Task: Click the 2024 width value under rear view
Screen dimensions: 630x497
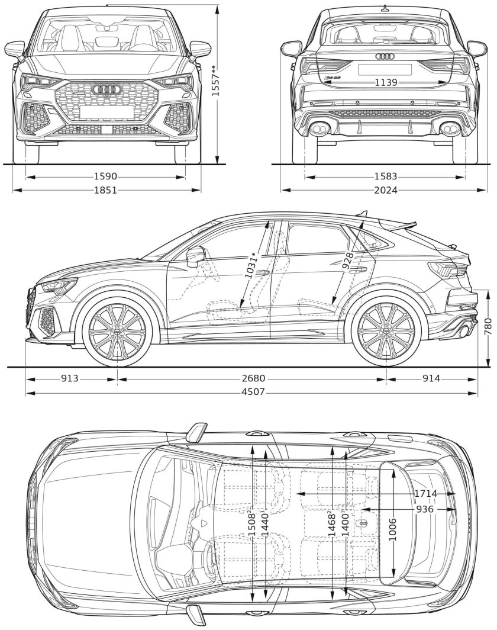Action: click(385, 190)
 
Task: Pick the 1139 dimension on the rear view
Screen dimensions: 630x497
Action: click(385, 83)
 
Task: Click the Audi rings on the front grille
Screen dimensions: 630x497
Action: click(108, 89)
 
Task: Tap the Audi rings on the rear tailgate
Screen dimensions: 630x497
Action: click(385, 56)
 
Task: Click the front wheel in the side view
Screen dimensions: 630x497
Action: click(117, 335)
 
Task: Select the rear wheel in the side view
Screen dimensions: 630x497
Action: click(386, 335)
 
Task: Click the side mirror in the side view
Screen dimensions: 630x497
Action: click(195, 256)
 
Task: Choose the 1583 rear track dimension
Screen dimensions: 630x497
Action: click(385, 176)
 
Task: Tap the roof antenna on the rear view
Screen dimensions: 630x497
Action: click(385, 8)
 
